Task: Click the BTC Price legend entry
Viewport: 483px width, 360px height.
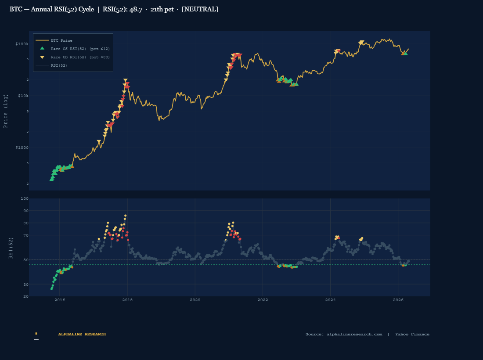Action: [61, 40]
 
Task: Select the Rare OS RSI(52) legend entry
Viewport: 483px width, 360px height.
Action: [80, 49]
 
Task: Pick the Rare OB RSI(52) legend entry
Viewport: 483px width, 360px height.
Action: [80, 57]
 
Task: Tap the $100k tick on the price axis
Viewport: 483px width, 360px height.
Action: [22, 44]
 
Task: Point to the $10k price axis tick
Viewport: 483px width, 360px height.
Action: [23, 96]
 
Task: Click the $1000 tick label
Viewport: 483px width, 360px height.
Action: [22, 148]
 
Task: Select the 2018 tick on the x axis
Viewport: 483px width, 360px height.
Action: [127, 300]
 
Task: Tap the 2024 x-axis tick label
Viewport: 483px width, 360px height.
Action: [330, 300]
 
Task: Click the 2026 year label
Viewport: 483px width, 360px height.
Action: [398, 300]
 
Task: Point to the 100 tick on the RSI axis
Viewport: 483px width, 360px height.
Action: [25, 198]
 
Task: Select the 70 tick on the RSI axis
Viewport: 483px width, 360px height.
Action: [25, 235]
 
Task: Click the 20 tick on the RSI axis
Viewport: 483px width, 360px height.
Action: [25, 296]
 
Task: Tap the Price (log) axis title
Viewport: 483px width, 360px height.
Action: [6, 111]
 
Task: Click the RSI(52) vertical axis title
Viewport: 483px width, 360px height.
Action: [11, 248]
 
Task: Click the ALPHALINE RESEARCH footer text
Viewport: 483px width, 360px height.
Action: [82, 334]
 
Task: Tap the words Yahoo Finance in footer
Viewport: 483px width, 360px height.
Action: [412, 334]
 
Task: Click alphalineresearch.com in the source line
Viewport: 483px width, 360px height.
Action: [354, 334]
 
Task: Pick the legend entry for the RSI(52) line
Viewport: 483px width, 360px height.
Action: [59, 65]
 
